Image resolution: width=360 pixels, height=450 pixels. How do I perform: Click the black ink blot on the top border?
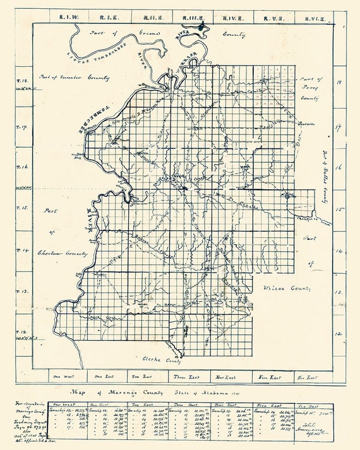(x=202, y=27)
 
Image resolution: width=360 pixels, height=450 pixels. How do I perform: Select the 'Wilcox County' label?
(x=287, y=288)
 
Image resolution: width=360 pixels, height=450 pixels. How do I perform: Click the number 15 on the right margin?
(x=339, y=211)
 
